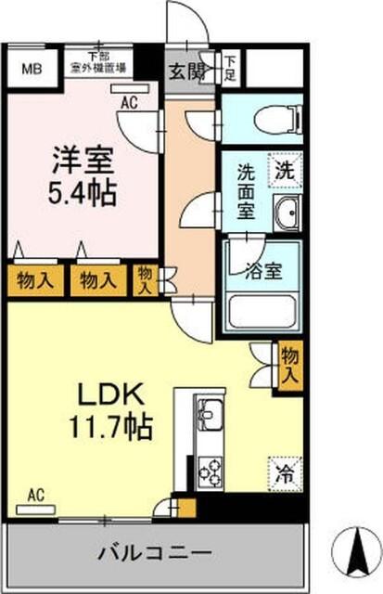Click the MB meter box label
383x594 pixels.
coord(32,68)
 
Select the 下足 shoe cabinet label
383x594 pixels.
coord(230,67)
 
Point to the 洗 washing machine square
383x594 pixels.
coord(285,170)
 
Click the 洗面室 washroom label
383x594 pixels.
coord(246,189)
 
